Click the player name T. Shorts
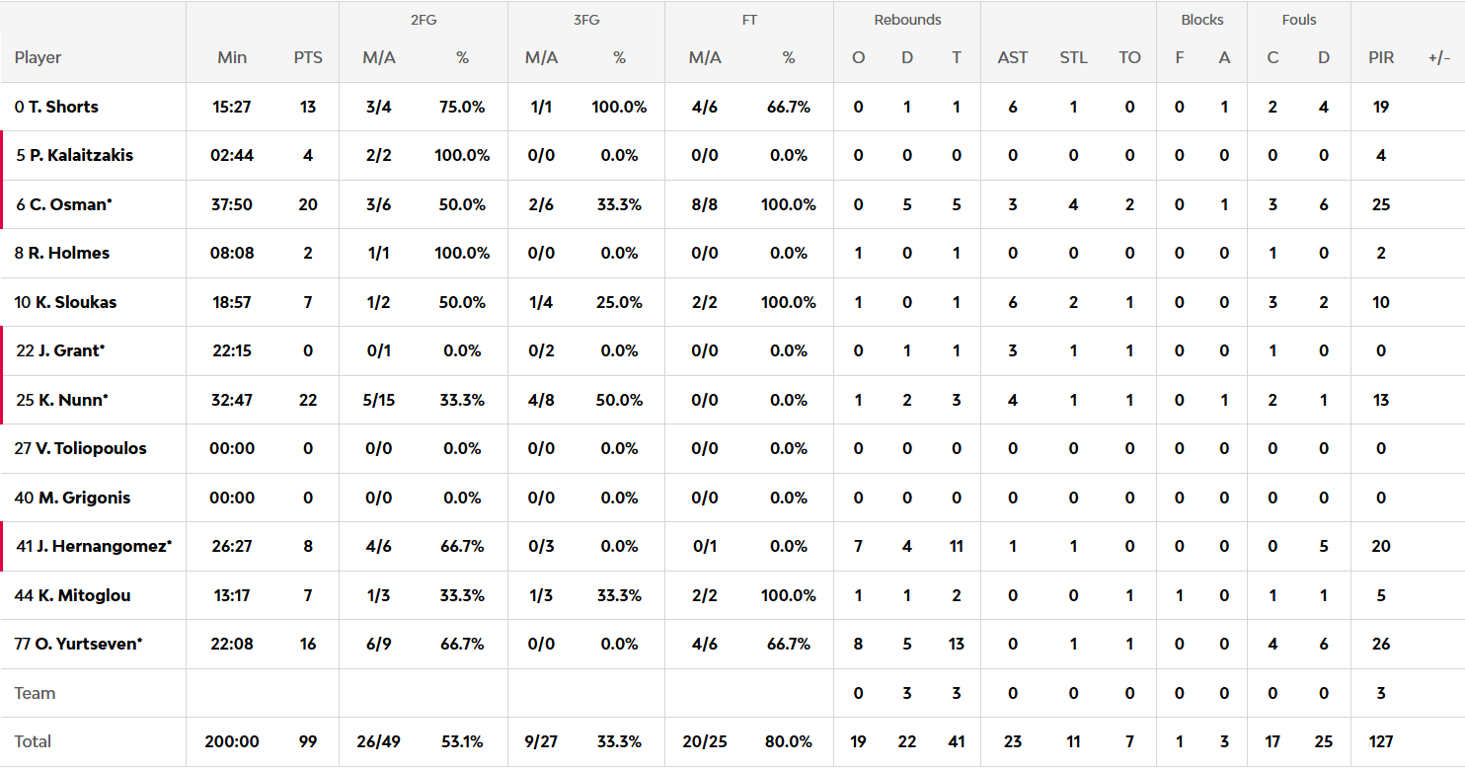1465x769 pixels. [x=63, y=107]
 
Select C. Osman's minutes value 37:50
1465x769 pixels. [x=232, y=204]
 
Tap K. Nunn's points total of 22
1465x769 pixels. [x=308, y=400]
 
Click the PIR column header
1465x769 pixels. [x=1381, y=57]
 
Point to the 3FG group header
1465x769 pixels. [x=586, y=20]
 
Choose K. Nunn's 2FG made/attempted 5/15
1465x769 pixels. [x=379, y=400]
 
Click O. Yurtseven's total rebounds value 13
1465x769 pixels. [x=956, y=644]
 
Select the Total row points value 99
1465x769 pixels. [x=308, y=741]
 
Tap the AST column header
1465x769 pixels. [x=1013, y=57]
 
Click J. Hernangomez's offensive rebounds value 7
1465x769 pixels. [x=858, y=546]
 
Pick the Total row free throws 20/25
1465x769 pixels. [x=705, y=741]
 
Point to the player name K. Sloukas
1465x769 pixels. [x=75, y=302]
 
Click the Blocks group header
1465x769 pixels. [x=1201, y=20]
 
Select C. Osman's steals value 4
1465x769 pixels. [x=1073, y=204]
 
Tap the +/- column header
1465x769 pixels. [x=1438, y=57]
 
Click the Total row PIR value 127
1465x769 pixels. [x=1381, y=741]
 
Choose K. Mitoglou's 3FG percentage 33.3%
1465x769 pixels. [x=619, y=595]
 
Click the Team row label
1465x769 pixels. [x=35, y=693]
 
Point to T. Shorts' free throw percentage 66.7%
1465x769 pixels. [x=788, y=107]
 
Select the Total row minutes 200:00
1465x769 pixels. [x=232, y=741]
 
